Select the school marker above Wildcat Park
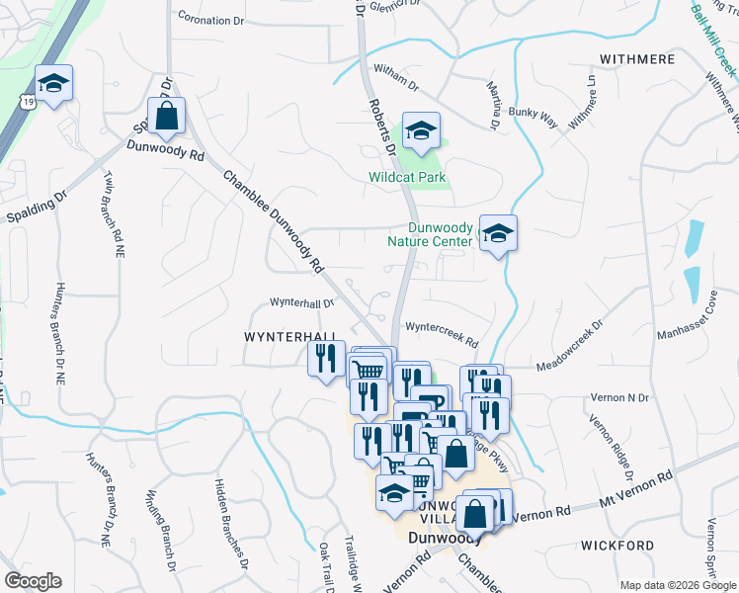(x=421, y=132)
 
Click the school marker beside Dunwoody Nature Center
(x=498, y=234)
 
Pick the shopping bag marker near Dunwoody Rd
(x=167, y=117)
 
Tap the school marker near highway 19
(x=54, y=84)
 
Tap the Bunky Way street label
(x=533, y=118)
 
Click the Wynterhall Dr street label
(x=301, y=303)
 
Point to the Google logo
(x=33, y=581)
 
